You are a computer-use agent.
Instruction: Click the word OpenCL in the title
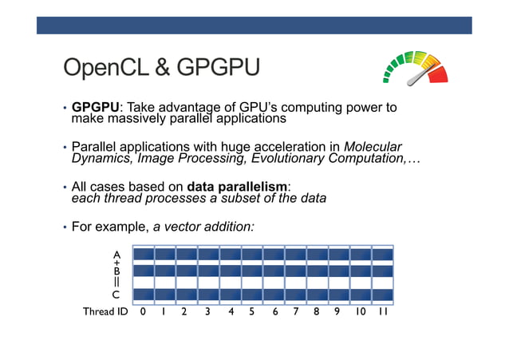pos(104,69)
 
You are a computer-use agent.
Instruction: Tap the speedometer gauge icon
pos(415,69)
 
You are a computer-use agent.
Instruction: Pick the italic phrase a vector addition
pos(203,227)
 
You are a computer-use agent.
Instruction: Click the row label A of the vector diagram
pos(116,254)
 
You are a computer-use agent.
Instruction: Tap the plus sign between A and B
pos(116,263)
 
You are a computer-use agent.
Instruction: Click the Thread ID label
pos(105,312)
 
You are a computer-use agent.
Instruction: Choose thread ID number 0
pos(143,312)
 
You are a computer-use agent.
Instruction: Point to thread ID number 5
pos(252,312)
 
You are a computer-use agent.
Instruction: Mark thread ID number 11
pos(383,312)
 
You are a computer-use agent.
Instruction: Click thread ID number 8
pos(317,312)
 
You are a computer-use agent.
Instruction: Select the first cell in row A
pos(143,255)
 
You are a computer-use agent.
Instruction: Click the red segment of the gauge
pos(438,75)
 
